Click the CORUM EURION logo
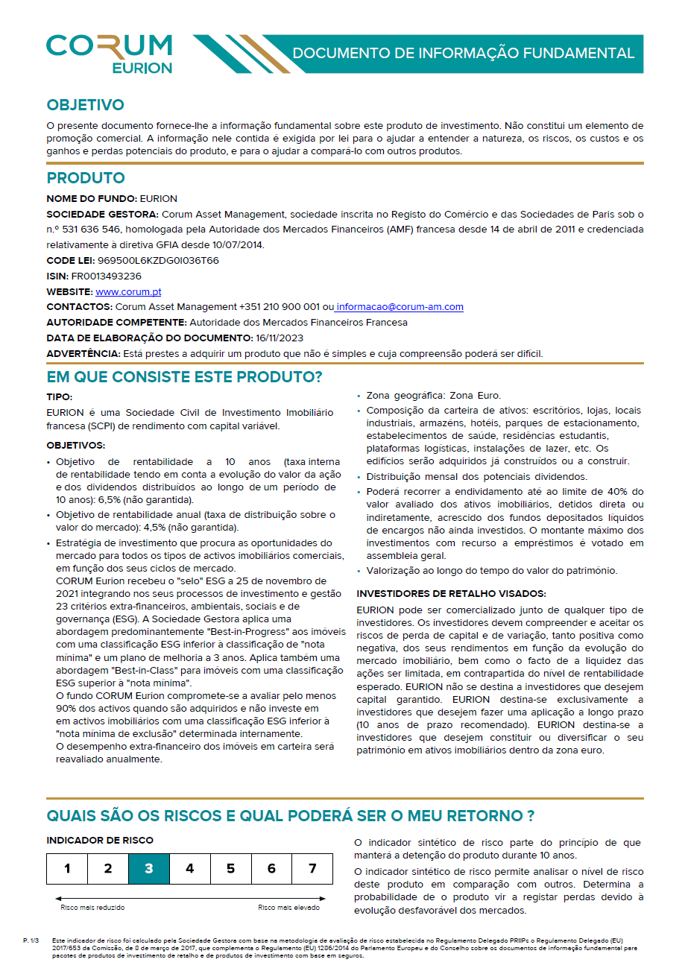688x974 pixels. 109,53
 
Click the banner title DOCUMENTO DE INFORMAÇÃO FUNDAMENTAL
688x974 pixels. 463,54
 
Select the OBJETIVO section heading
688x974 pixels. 85,105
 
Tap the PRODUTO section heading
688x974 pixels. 86,178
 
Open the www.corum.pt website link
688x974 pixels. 128,292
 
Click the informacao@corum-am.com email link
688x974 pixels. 400,307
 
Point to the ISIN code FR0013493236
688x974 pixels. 108,276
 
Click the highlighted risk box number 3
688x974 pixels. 149,868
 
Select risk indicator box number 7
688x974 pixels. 312,868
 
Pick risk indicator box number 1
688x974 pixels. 67,868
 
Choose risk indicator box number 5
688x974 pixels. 230,868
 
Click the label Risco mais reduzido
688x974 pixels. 92,908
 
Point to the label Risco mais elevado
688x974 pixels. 288,908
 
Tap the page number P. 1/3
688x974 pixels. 31,941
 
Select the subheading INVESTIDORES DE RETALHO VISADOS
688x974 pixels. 451,593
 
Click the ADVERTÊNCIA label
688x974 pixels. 83,353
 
